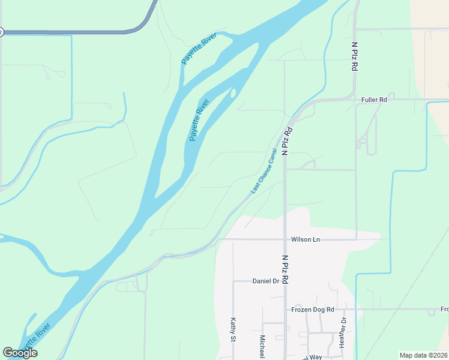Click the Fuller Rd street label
(374, 100)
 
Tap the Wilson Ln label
(306, 239)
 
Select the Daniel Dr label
(267, 281)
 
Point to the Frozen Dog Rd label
(312, 310)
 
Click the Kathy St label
(232, 330)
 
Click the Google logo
(20, 353)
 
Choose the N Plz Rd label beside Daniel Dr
(286, 269)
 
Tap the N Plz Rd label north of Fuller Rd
(355, 56)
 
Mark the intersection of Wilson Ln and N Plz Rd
(285, 239)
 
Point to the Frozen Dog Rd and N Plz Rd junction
(285, 310)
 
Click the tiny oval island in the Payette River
(232, 94)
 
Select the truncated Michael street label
(262, 347)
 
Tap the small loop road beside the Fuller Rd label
(391, 95)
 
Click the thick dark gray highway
(72, 32)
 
